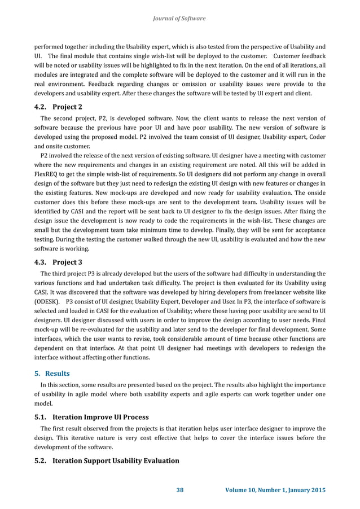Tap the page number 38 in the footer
pos(180,489)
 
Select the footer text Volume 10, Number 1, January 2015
pos(274,489)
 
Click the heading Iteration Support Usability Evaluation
pos(116,460)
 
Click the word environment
pos(62,83)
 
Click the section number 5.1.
pos(40,417)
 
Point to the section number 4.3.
pos(40,262)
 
